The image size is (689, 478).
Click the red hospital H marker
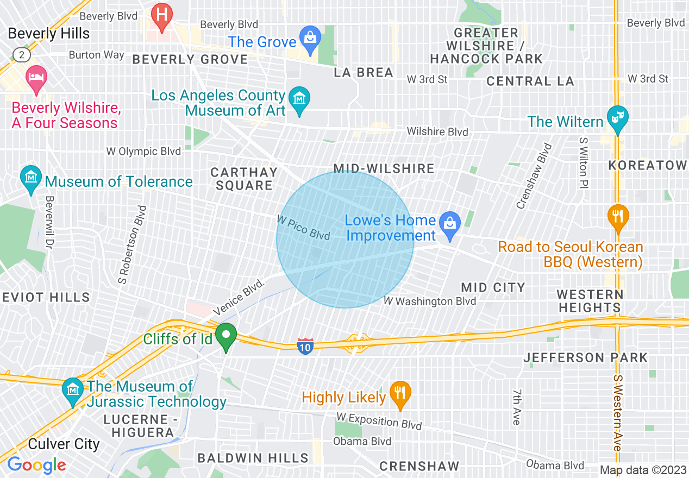[x=161, y=14]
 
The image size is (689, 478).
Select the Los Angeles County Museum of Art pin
[x=299, y=99]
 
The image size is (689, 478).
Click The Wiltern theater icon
[x=617, y=118]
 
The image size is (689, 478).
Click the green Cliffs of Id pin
[x=226, y=336]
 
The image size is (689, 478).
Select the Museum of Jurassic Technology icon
[x=72, y=390]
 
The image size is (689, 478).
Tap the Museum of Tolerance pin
[x=31, y=177]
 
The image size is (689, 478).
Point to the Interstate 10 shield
[x=305, y=346]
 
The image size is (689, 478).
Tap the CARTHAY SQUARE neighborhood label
[x=244, y=179]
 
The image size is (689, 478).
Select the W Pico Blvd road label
[x=303, y=228]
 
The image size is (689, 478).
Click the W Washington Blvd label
[x=429, y=301]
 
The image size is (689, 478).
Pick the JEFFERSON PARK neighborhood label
[x=585, y=357]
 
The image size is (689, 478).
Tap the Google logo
[x=36, y=465]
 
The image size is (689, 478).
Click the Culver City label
[x=64, y=444]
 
